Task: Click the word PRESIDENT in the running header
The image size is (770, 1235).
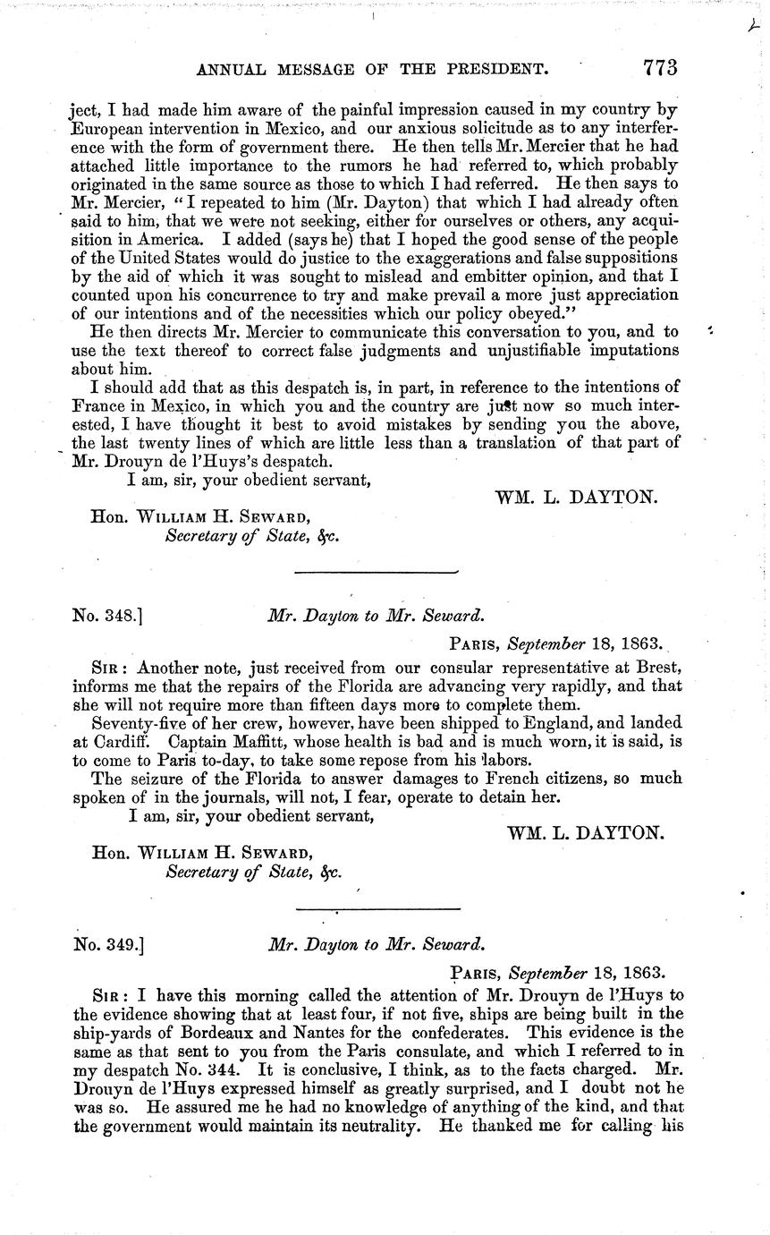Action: (x=491, y=68)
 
